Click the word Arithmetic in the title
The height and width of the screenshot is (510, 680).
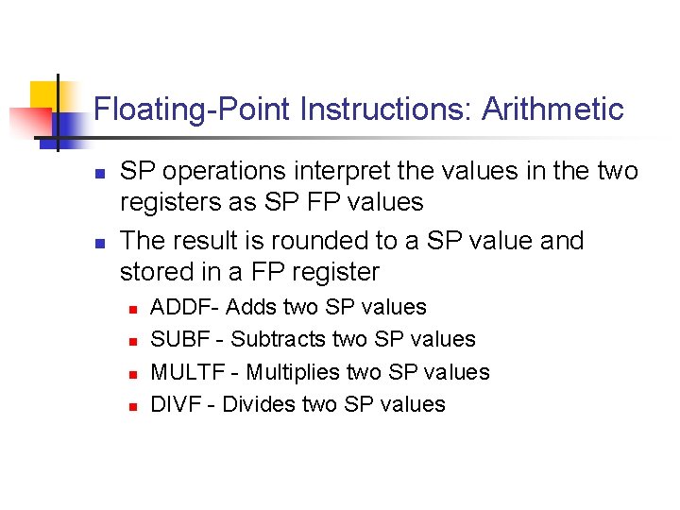point(552,110)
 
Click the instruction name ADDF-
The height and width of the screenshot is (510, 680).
point(186,307)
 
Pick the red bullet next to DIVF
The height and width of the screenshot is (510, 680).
point(133,406)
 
